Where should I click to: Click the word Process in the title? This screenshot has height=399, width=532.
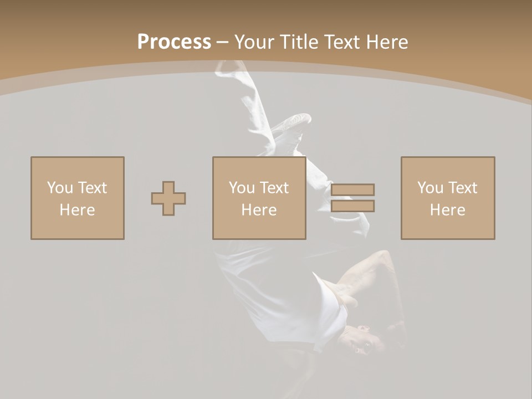[x=174, y=42]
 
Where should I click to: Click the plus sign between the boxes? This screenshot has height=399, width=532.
[x=168, y=198]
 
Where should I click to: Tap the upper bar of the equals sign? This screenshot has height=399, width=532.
[x=353, y=190]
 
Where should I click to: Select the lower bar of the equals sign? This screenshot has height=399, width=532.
[x=353, y=206]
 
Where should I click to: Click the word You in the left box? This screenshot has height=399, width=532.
[x=60, y=188]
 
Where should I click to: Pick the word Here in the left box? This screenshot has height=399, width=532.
[x=77, y=210]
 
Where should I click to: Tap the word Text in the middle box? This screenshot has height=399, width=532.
[x=274, y=188]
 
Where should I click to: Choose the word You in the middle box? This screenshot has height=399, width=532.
[x=242, y=188]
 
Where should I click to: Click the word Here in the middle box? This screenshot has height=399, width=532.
[x=259, y=210]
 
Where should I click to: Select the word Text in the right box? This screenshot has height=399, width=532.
[x=463, y=188]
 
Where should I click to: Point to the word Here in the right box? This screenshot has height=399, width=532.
[x=447, y=210]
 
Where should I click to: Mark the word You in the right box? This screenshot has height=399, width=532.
[x=430, y=188]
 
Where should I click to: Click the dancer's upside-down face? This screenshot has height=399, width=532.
[x=358, y=339]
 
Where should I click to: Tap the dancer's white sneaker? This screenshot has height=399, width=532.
[x=294, y=123]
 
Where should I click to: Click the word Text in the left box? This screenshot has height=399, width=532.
[x=93, y=188]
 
